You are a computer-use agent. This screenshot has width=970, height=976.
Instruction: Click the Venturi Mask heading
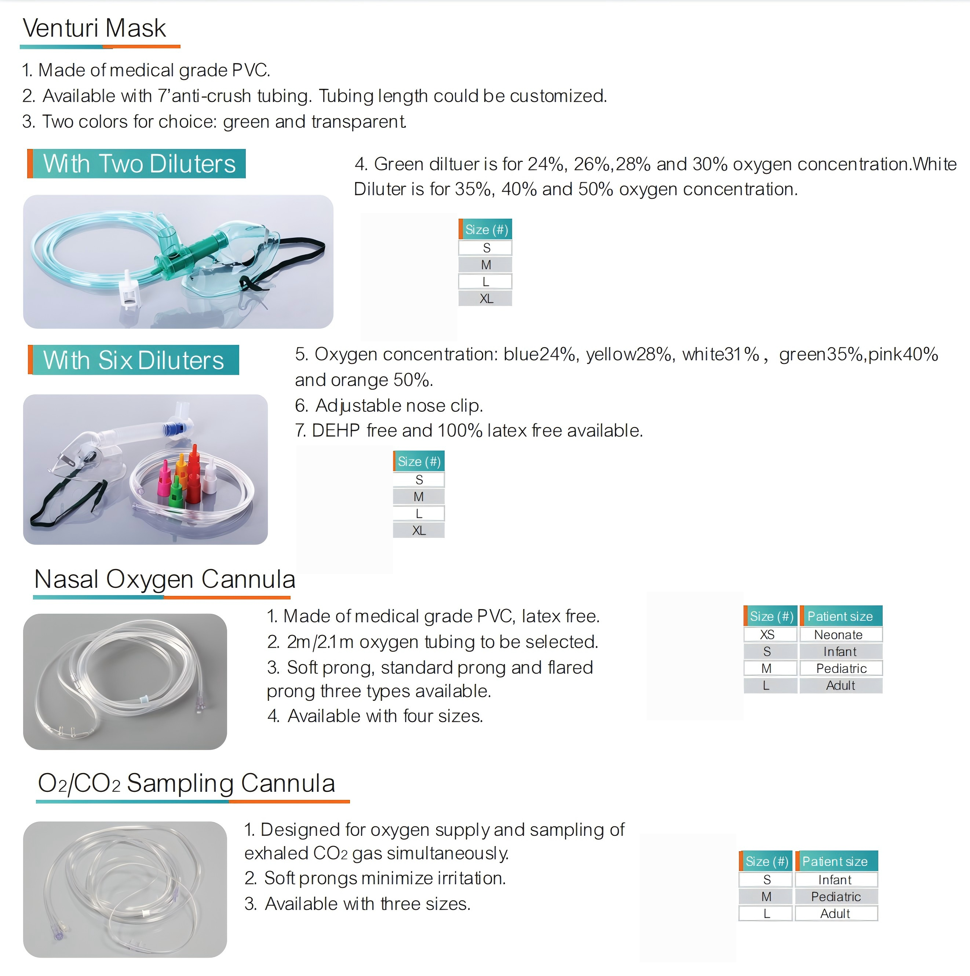tap(95, 28)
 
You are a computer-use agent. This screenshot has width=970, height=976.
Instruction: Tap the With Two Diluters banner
tap(136, 164)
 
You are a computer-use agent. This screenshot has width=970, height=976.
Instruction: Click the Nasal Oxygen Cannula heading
tap(165, 579)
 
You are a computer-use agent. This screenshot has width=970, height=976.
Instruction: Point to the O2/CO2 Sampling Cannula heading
tap(186, 783)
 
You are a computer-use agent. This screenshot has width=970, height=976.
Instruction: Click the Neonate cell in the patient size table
tap(840, 634)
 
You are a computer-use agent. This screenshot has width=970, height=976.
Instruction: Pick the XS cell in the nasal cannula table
tap(770, 634)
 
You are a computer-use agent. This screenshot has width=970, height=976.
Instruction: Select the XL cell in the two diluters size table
tap(485, 299)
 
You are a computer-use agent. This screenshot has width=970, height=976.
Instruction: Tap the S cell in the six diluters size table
tap(419, 480)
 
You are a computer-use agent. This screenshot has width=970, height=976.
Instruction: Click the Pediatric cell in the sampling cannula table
tap(836, 897)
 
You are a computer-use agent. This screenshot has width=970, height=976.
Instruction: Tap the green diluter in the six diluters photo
tap(176, 492)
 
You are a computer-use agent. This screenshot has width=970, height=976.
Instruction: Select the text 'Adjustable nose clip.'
tap(399, 406)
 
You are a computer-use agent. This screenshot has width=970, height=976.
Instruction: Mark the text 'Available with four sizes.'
tap(385, 716)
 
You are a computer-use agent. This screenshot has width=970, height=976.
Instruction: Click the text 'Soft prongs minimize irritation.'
tap(385, 878)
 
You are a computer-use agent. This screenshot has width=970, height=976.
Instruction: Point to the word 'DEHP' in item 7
tap(335, 430)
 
